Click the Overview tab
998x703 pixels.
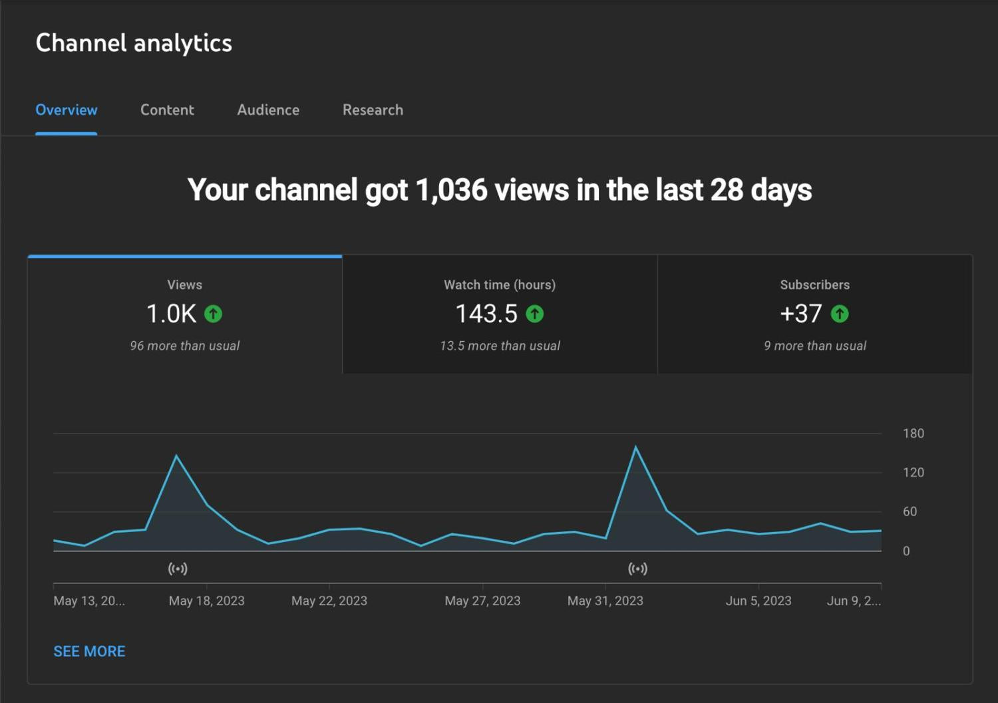click(67, 110)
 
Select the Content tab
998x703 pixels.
click(167, 110)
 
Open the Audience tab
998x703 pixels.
click(268, 110)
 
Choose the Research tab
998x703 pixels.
click(373, 110)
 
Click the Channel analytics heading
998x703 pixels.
click(134, 43)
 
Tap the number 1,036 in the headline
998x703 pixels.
click(451, 190)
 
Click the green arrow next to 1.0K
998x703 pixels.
click(213, 314)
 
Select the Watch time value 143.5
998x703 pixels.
click(486, 313)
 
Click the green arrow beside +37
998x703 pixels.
click(840, 314)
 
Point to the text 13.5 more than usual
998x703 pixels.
click(500, 346)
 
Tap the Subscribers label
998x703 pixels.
click(815, 285)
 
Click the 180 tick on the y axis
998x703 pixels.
click(914, 434)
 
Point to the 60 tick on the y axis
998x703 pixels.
click(910, 511)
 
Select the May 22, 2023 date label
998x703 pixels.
click(329, 601)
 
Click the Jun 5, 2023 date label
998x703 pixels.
click(758, 601)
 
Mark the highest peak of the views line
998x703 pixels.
click(635, 446)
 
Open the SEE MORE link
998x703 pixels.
click(90, 651)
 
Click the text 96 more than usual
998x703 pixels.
click(184, 346)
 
